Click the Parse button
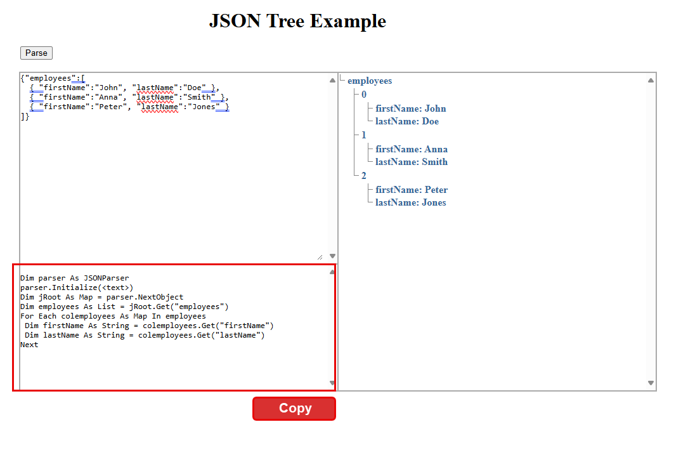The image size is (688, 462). pyautogui.click(x=36, y=53)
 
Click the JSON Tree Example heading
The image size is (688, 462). pyautogui.click(x=297, y=21)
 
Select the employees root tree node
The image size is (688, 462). pyautogui.click(x=370, y=81)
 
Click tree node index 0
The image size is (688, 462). pyautogui.click(x=364, y=95)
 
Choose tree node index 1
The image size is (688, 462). pyautogui.click(x=364, y=135)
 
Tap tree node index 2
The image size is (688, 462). pyautogui.click(x=364, y=176)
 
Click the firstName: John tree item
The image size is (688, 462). pyautogui.click(x=411, y=109)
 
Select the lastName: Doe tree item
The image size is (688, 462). pyautogui.click(x=406, y=121)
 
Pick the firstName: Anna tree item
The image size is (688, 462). pyautogui.click(x=412, y=149)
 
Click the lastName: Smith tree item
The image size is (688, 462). pyautogui.click(x=412, y=162)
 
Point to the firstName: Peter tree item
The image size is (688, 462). pyautogui.click(x=412, y=190)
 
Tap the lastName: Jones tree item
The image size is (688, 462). pyautogui.click(x=411, y=202)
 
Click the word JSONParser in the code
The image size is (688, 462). pyautogui.click(x=107, y=278)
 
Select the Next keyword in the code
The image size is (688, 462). pyautogui.click(x=29, y=345)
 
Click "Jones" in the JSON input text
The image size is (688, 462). pyautogui.click(x=204, y=107)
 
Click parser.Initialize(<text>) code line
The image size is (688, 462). pyautogui.click(x=77, y=287)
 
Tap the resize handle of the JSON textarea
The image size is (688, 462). pyautogui.click(x=320, y=258)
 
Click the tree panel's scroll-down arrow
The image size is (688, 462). pyautogui.click(x=651, y=383)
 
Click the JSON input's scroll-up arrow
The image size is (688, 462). pyautogui.click(x=332, y=81)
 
